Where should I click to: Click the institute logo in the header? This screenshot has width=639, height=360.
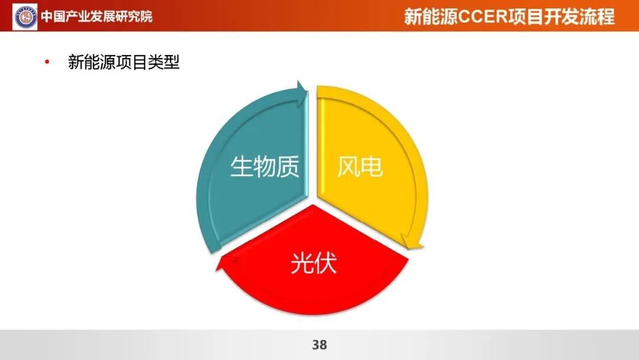(25, 17)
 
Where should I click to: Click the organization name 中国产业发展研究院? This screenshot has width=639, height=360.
(96, 17)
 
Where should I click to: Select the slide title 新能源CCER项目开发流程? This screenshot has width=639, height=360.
(509, 17)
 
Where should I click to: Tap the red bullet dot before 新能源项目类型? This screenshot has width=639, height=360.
(47, 62)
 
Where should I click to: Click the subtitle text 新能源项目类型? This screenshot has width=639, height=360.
(124, 62)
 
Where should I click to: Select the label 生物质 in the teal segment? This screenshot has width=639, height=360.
(265, 166)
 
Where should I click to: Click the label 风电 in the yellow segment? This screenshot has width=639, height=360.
(360, 167)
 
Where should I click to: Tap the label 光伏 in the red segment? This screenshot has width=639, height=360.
(314, 263)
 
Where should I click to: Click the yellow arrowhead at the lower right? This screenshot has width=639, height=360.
(412, 242)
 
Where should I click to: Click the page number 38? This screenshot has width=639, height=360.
(319, 345)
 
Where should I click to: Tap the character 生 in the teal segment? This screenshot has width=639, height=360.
(241, 166)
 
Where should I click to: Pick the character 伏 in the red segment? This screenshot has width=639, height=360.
(325, 263)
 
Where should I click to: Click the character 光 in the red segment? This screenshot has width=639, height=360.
(302, 263)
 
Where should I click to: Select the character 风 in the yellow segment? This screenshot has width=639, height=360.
(348, 167)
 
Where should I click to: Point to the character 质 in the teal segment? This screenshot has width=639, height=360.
(289, 166)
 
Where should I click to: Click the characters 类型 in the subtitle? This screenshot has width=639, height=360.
(164, 62)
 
